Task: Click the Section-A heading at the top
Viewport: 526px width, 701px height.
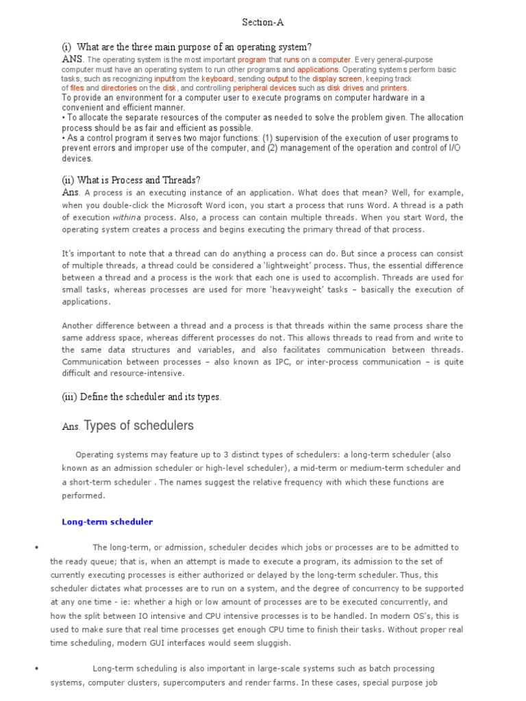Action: [263, 23]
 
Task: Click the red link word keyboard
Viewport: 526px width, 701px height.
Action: [217, 79]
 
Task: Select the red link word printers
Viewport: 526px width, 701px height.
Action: [394, 88]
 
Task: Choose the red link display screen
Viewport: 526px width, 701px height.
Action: [337, 79]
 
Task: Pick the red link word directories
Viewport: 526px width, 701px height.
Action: [119, 88]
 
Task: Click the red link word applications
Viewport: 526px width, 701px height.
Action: [318, 70]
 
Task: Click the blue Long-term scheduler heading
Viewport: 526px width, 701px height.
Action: [108, 522]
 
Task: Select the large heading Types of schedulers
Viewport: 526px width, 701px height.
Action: [138, 426]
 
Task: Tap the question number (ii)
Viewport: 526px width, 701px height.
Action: [68, 180]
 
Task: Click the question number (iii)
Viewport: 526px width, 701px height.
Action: [70, 396]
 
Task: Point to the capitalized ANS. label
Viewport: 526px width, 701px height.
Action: [73, 60]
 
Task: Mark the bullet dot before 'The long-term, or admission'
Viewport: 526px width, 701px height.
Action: [34, 548]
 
